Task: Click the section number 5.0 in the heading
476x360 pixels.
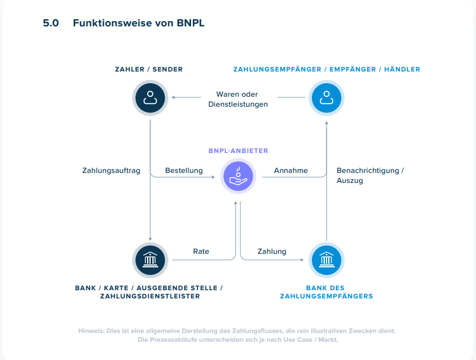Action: pos(51,23)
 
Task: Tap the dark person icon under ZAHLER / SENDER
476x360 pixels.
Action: pos(150,97)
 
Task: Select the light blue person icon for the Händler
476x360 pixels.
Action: pos(327,97)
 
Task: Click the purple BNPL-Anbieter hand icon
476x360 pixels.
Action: pos(238,176)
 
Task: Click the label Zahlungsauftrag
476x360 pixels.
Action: pos(111,171)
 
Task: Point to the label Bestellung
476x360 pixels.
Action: pos(183,171)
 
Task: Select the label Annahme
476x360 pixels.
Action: pos(291,171)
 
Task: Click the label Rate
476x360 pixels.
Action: pos(201,252)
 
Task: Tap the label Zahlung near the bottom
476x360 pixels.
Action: pos(272,252)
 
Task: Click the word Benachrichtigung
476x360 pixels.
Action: pos(368,171)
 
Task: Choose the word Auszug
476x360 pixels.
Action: pos(350,181)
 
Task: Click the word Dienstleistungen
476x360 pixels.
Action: pos(238,104)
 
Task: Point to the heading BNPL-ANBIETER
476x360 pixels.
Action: pos(238,151)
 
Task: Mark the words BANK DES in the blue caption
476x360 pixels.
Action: pos(326,288)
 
